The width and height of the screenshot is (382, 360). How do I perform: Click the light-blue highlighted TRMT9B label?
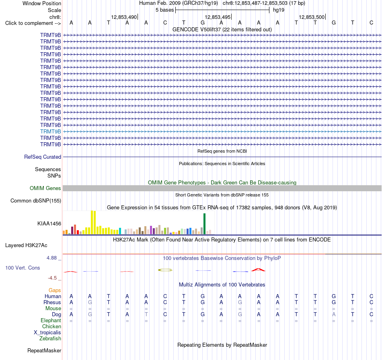[x=50, y=131]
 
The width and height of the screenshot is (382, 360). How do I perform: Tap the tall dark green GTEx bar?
[x=204, y=224]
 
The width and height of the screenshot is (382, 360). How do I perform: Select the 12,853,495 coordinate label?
[x=218, y=17]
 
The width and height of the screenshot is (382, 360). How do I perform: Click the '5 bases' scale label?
[x=165, y=10]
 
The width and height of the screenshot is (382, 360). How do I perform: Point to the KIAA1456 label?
[x=49, y=223]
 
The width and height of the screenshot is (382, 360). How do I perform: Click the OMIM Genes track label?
[x=45, y=188]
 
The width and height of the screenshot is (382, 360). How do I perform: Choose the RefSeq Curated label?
[x=43, y=157]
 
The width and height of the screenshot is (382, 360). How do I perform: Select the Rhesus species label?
[x=52, y=302]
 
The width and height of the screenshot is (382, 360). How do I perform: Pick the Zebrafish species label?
[x=50, y=338]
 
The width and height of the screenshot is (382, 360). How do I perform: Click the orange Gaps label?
[x=55, y=290]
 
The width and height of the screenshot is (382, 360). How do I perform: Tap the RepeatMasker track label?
[x=44, y=350]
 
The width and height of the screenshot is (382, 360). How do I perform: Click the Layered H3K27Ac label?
[x=26, y=245]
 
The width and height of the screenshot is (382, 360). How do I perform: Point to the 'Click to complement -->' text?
[x=33, y=23]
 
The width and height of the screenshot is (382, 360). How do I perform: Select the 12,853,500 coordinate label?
[x=312, y=17]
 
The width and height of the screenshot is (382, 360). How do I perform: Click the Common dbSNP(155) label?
[x=36, y=200]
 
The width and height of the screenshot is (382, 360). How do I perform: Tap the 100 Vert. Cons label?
[x=23, y=268]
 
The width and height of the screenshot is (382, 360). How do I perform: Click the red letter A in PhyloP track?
[x=258, y=270]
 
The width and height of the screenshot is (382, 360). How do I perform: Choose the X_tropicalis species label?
[x=47, y=333]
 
